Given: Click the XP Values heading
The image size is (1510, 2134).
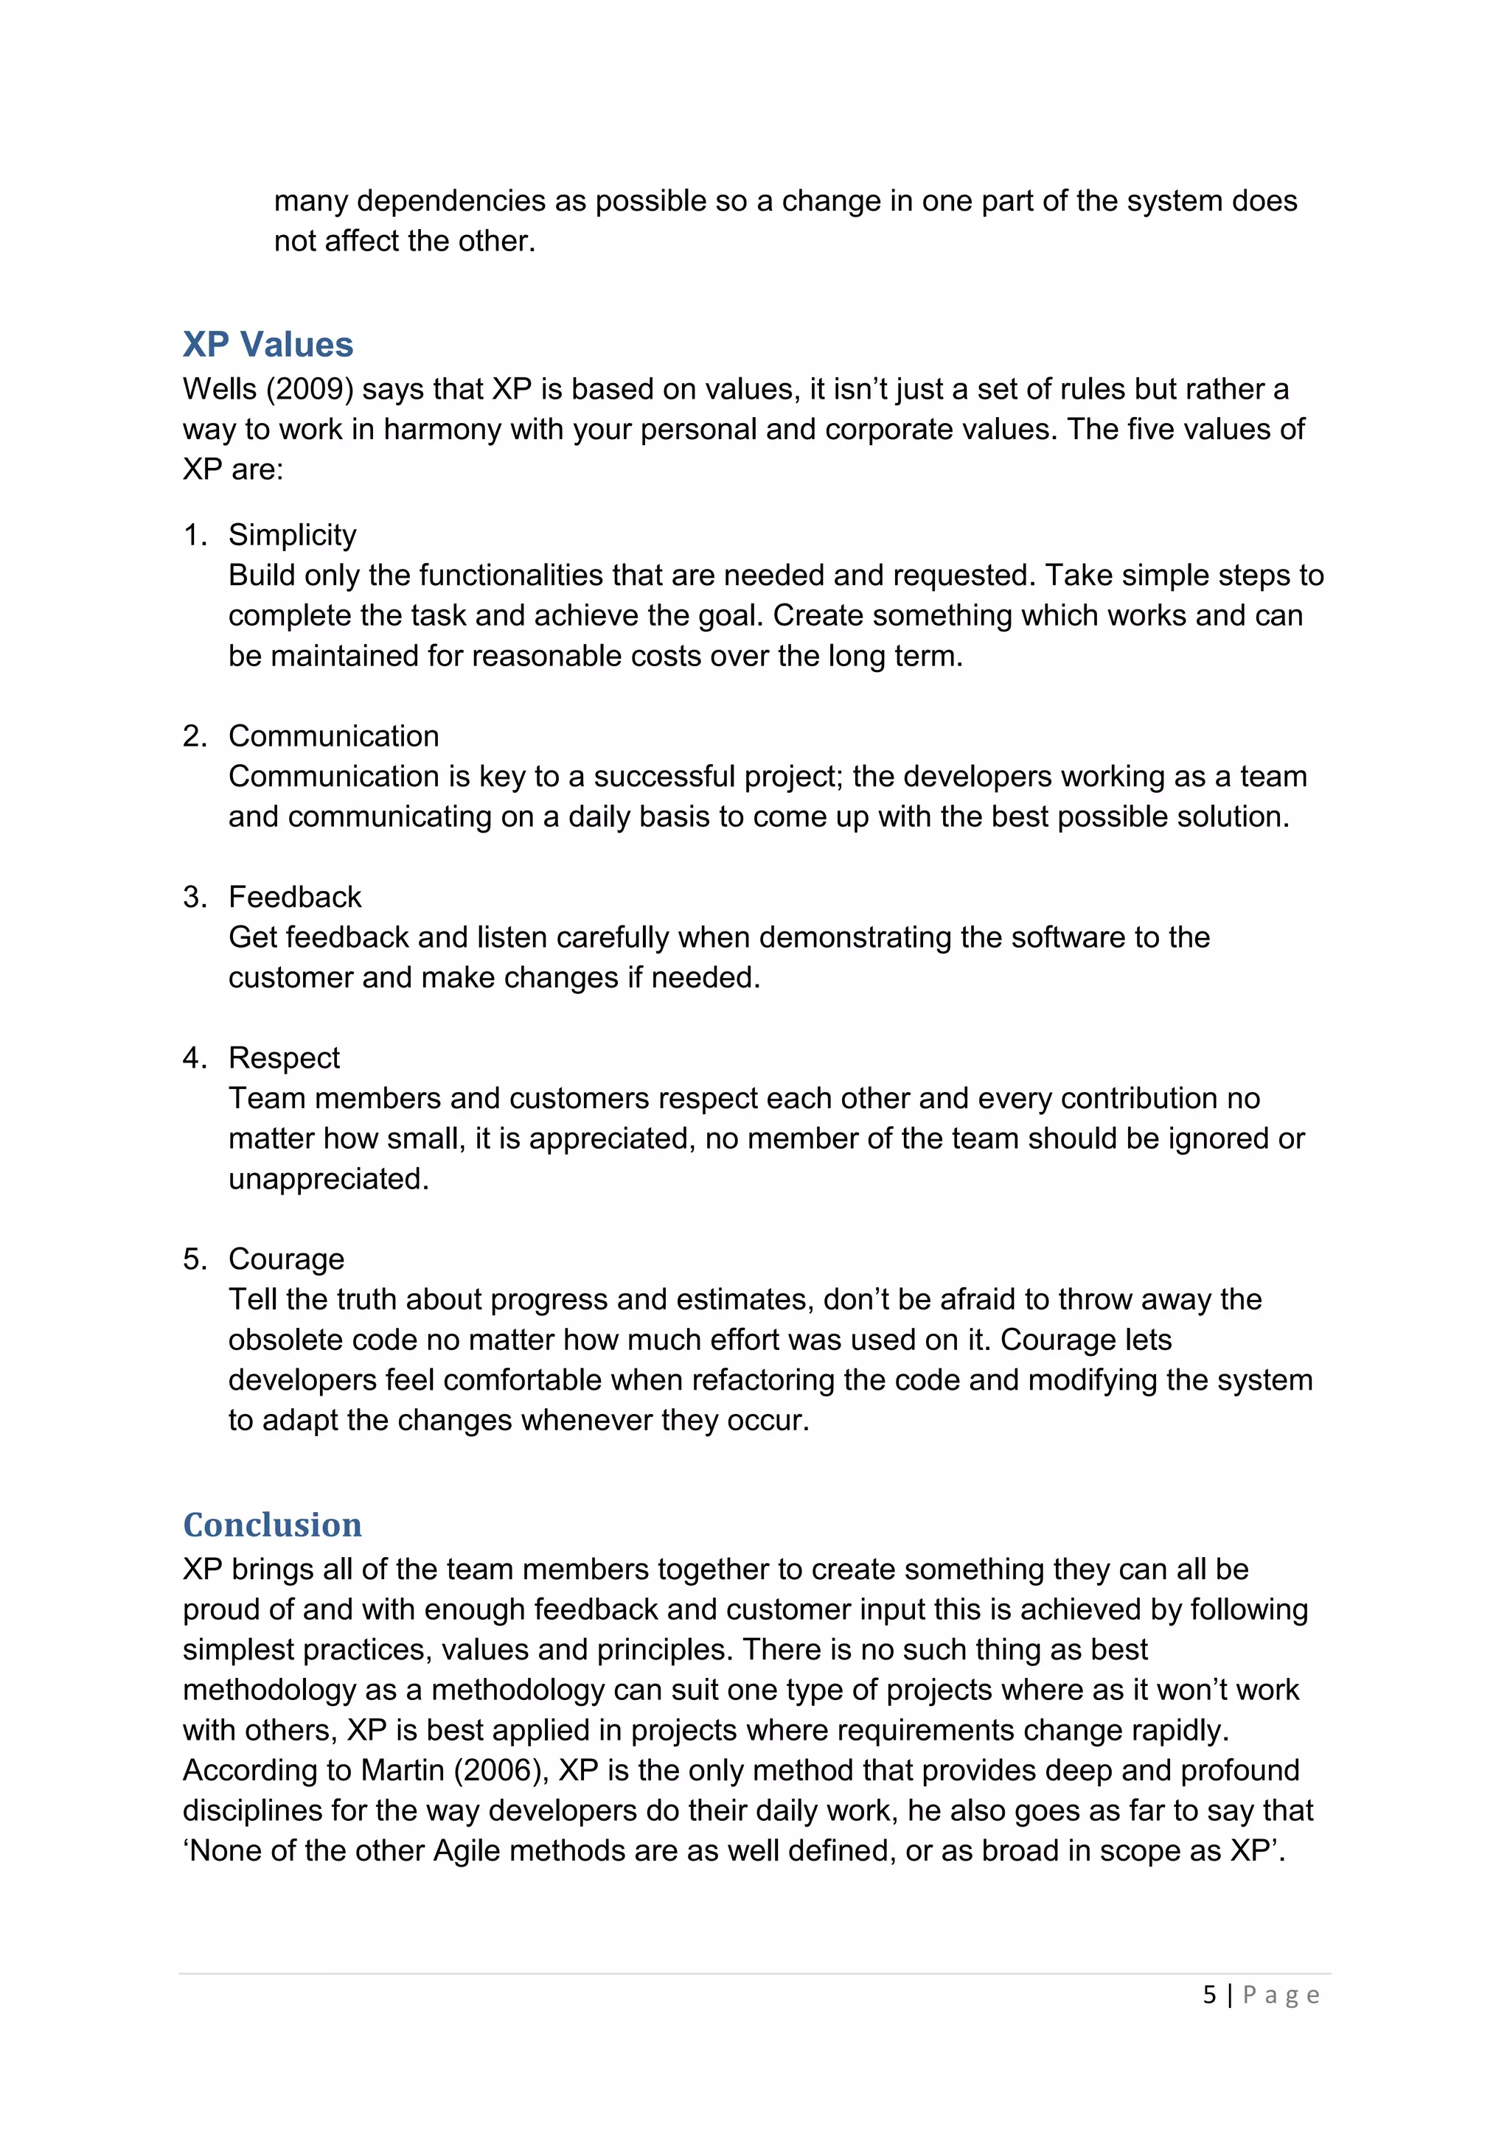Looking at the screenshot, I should [268, 345].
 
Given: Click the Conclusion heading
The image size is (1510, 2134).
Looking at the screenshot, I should [272, 1525].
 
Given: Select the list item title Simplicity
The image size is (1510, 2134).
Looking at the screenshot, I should [292, 536].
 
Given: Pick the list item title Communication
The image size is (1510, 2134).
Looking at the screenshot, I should [333, 736].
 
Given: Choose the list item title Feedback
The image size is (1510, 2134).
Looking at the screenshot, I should [295, 897].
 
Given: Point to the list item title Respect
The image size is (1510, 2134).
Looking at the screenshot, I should [284, 1057].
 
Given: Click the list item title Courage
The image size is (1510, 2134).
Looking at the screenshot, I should [286, 1259].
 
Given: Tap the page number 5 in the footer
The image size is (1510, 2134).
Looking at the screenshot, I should [1208, 1995].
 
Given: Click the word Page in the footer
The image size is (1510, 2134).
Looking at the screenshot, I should [1281, 1995].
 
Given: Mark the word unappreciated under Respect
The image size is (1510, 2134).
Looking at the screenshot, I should [328, 1180].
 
